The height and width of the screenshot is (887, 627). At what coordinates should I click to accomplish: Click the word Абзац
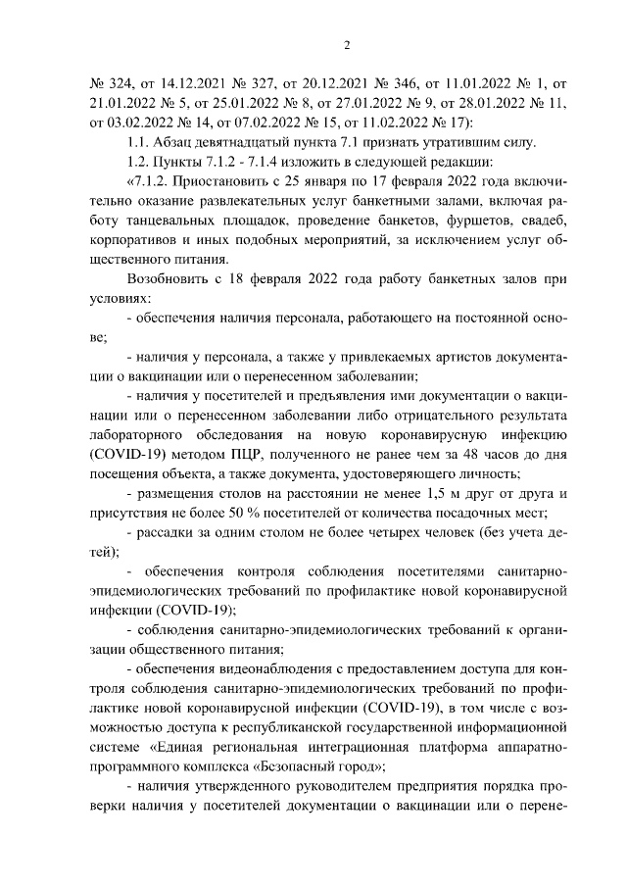click(177, 141)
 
